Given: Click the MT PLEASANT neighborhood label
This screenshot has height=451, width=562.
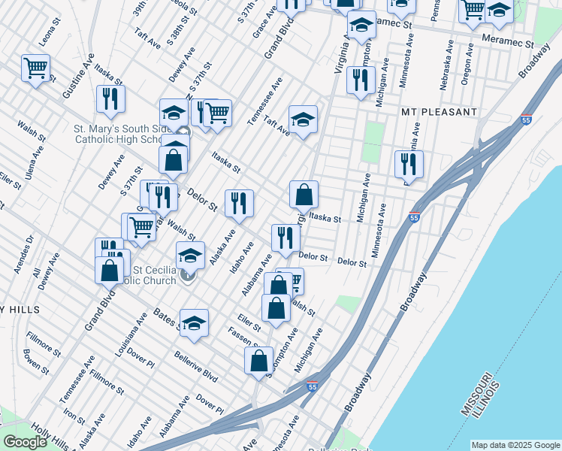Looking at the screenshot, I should [440, 112].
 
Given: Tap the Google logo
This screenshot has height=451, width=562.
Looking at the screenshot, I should [25, 442].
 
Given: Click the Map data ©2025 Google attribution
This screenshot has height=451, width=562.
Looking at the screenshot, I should [515, 444].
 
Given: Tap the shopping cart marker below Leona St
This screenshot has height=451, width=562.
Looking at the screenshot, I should [36, 68].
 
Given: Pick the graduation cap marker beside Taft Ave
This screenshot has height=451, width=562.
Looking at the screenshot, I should [303, 119].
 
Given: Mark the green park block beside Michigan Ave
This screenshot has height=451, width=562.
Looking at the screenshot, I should [371, 142].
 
